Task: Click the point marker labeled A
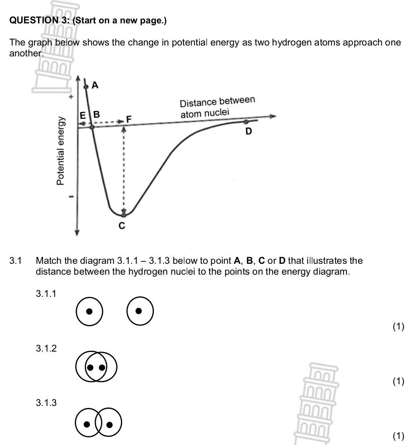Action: tap(85, 87)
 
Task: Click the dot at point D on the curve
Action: tap(246, 121)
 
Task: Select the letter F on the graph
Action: tap(129, 120)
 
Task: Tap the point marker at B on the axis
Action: tap(92, 127)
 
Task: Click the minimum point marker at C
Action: tap(124, 215)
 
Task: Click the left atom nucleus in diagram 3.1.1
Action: tap(90, 311)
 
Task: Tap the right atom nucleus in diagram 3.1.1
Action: tap(138, 311)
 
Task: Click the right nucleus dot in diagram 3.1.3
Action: tap(109, 424)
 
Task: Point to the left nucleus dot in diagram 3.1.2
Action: tap(91, 367)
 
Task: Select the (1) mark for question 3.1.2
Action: tap(398, 381)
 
